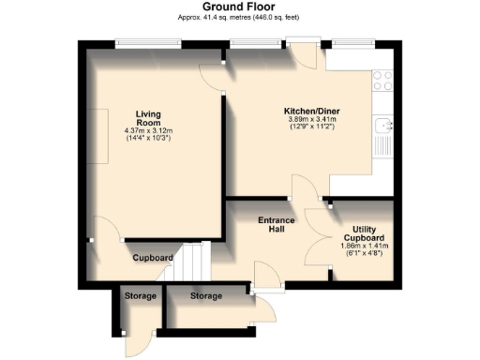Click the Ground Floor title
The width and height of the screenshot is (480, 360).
[x=240, y=7]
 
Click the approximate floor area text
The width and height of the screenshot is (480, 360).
[x=240, y=18]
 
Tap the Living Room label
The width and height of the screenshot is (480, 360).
[x=147, y=118]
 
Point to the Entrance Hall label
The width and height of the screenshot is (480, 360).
[x=277, y=225]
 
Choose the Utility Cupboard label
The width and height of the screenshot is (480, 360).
[x=365, y=233]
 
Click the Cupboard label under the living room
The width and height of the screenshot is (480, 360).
[x=152, y=258]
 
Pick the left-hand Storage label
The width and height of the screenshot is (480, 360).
[x=141, y=296]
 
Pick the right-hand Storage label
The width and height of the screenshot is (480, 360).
[x=206, y=296]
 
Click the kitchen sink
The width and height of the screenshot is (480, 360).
[x=382, y=123]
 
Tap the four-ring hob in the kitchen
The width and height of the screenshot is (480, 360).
[x=382, y=82]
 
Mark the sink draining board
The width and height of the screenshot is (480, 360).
[x=382, y=145]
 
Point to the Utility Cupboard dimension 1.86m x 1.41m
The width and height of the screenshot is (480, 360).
[x=365, y=246]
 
